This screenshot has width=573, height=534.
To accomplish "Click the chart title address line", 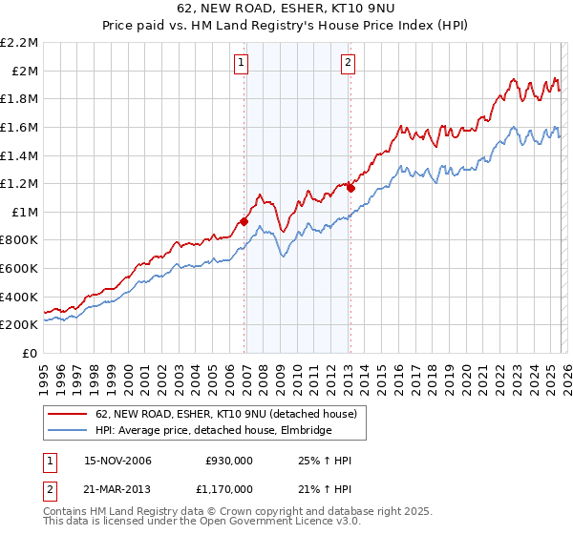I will pyautogui.click(x=286, y=9).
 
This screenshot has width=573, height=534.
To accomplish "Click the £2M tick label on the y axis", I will pyautogui.click(x=24, y=71).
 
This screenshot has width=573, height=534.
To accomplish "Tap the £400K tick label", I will pyautogui.click(x=19, y=297).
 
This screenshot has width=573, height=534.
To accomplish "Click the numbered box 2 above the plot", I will pyautogui.click(x=347, y=64).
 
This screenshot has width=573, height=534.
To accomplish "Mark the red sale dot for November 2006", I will pyautogui.click(x=244, y=222).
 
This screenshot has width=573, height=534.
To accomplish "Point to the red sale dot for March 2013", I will pyautogui.click(x=350, y=188).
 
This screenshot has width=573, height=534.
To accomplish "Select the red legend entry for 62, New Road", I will pyautogui.click(x=225, y=414).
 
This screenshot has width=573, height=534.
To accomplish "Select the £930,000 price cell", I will pyautogui.click(x=229, y=461).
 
